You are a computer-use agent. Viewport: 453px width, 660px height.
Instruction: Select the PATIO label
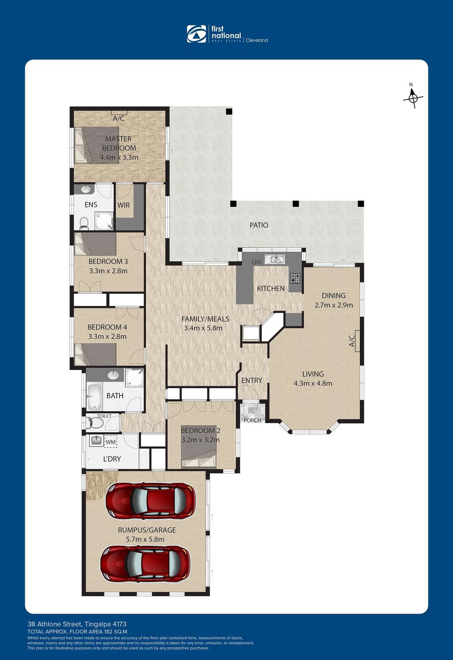coord(259,225)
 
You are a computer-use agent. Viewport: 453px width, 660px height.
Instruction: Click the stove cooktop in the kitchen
coord(296,278)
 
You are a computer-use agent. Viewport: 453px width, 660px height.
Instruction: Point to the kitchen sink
coord(274,259)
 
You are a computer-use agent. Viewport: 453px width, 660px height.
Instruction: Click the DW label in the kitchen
coord(257,262)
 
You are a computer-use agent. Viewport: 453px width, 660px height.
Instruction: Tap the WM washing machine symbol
coord(111,442)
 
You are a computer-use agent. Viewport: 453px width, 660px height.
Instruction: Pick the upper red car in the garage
coord(150,501)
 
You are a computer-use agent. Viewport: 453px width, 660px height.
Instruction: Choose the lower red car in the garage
coord(146,563)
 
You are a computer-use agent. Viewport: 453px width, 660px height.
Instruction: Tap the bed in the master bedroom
coord(97,145)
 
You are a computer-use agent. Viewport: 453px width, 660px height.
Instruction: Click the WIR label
coord(124,205)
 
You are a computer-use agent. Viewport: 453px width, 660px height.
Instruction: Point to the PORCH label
coord(253,420)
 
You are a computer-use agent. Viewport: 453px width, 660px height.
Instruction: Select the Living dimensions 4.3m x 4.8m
coord(313,383)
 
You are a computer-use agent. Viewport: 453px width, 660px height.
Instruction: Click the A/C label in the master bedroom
coord(119,118)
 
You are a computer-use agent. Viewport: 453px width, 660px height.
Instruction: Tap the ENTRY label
coord(252,380)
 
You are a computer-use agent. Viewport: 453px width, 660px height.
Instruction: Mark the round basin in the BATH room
coord(113,375)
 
